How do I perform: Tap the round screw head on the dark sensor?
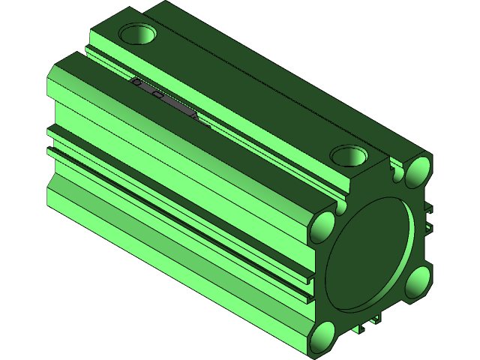(136, 83)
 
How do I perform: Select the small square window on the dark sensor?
(156, 94)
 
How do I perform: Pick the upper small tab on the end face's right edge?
(428, 211)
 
